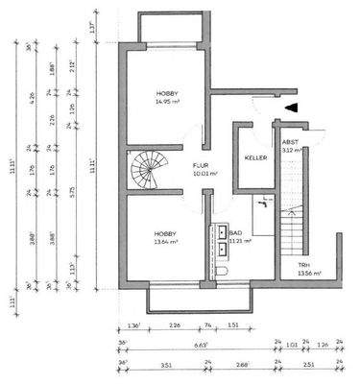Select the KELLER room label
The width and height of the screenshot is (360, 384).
(254, 156)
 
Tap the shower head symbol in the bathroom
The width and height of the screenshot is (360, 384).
(263, 204)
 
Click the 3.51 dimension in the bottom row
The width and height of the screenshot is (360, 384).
(165, 364)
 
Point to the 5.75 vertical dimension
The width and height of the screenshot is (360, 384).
(73, 191)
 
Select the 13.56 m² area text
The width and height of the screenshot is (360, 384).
(309, 274)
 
